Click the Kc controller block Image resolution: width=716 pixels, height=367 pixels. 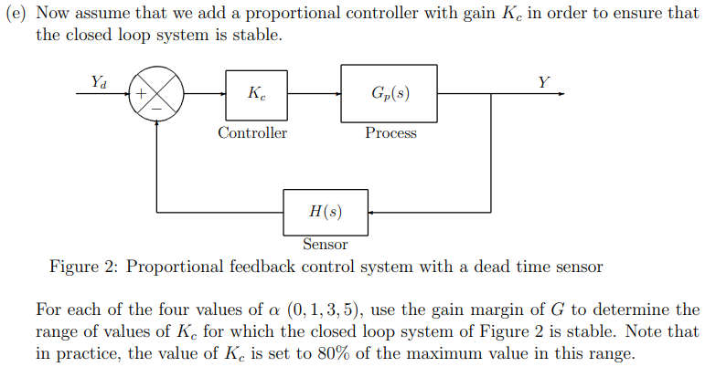pyautogui.click(x=251, y=94)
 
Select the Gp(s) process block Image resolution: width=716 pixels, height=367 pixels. pyautogui.click(x=390, y=94)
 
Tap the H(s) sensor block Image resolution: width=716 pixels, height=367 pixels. pyautogui.click(x=326, y=212)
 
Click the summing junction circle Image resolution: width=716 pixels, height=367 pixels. pyautogui.click(x=159, y=95)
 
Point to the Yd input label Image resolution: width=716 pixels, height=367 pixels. pyautogui.click(x=98, y=82)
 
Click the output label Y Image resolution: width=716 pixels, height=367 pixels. pyautogui.click(x=544, y=82)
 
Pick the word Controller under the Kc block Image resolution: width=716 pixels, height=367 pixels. pyautogui.click(x=251, y=133)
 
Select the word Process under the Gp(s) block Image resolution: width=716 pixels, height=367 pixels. pyautogui.click(x=390, y=133)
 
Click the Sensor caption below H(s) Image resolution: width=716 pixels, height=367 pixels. pyautogui.click(x=326, y=245)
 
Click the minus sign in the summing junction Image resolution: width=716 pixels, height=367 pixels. pyautogui.click(x=158, y=109)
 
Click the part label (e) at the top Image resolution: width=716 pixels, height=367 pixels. pyautogui.click(x=18, y=14)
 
